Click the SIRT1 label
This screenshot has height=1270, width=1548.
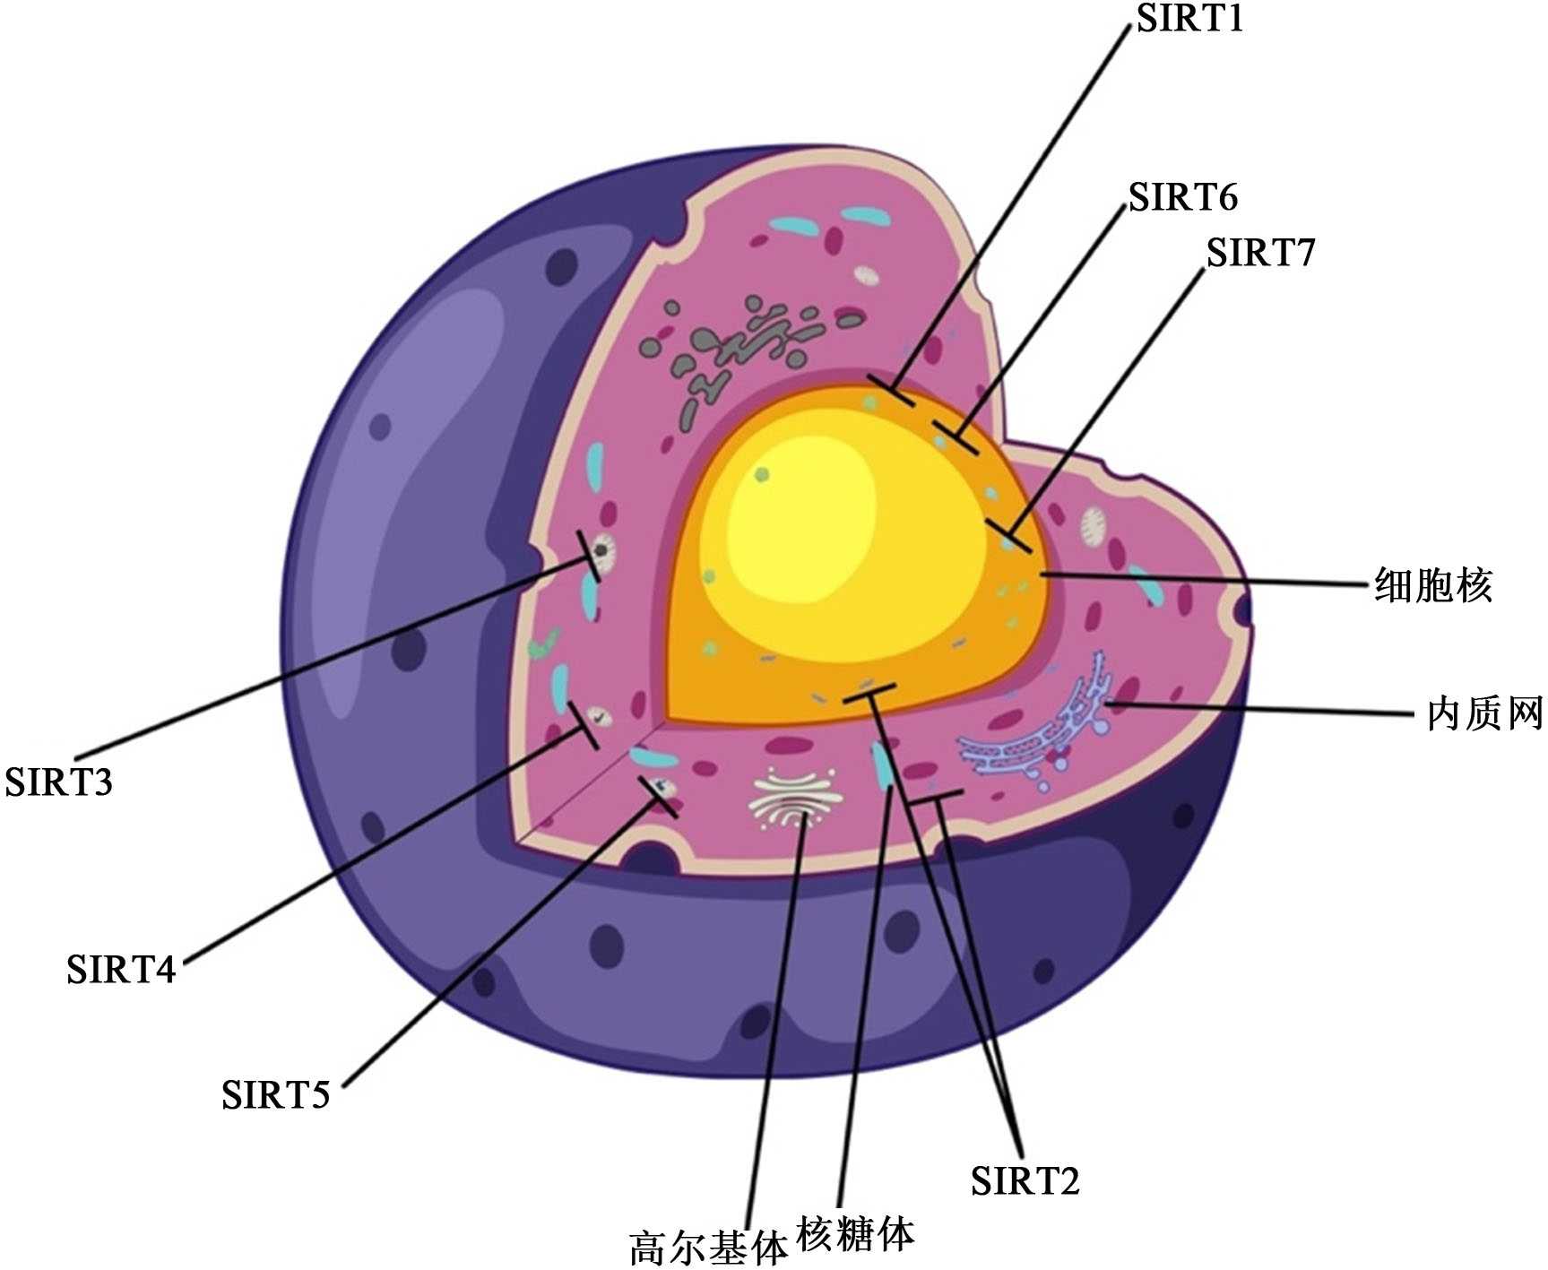click(1190, 18)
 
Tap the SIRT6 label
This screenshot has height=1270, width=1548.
click(1182, 196)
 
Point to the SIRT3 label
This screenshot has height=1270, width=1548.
click(59, 782)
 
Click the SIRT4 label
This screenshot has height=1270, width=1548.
click(121, 969)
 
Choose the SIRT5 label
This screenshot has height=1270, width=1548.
click(276, 1094)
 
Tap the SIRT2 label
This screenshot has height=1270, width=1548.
click(1025, 1180)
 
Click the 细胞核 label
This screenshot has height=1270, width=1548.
click(1433, 585)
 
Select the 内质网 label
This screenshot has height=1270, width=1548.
click(1484, 713)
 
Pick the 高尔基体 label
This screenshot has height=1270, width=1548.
click(708, 1248)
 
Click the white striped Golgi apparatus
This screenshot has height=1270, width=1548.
click(796, 799)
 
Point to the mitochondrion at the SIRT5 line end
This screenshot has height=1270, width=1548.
click(664, 788)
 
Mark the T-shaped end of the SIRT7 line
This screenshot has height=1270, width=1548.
click(1008, 535)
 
